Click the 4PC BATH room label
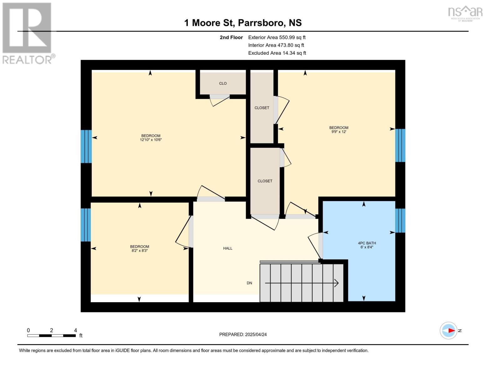coord(367,243)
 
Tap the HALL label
coord(228,248)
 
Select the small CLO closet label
coord(223,83)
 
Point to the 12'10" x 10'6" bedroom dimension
coord(151,140)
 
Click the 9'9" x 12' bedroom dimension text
coord(339,132)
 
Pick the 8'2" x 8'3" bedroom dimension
coord(140,251)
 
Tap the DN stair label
coord(249,283)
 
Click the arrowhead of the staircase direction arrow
coord(337,283)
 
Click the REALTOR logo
coord(28,33)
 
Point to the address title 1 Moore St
coord(243,23)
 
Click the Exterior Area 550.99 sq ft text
coord(277,37)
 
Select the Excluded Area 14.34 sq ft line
coord(277,53)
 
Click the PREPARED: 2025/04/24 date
coord(243,334)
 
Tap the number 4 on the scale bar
coord(75,330)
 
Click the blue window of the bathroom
coord(400,221)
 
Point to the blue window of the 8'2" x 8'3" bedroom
coord(86,225)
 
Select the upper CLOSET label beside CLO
coord(262,108)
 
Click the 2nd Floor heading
coord(231,37)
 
